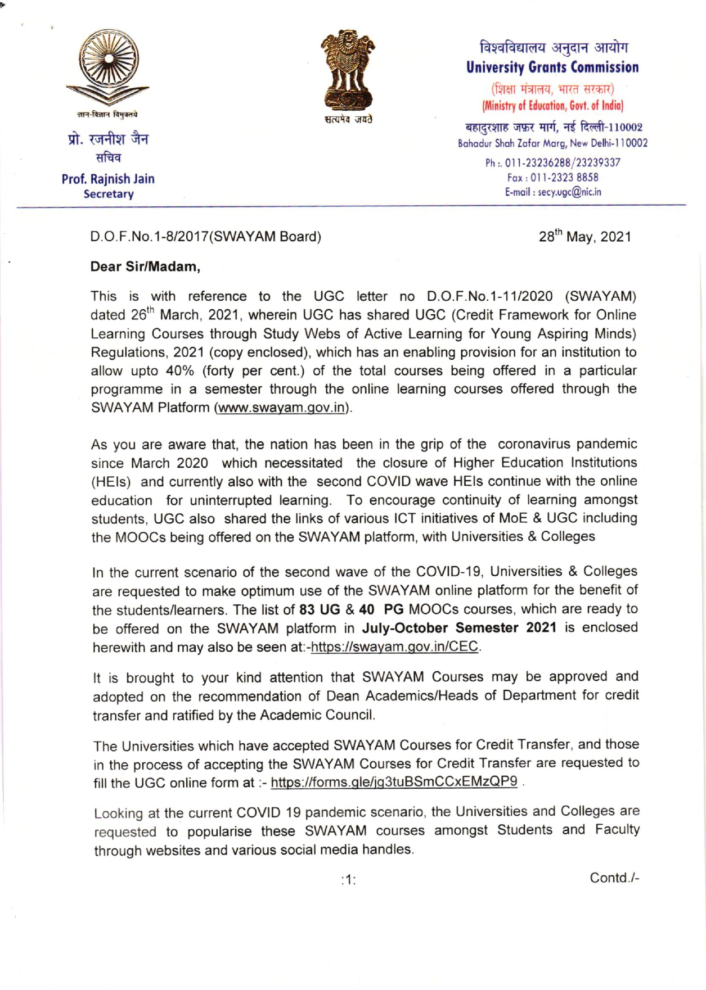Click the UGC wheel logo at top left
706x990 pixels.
point(108,67)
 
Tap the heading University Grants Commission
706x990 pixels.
point(552,67)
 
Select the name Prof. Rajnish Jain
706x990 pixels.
point(108,179)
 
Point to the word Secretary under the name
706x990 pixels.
point(109,194)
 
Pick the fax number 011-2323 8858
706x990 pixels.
point(553,178)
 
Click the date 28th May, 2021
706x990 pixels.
point(584,237)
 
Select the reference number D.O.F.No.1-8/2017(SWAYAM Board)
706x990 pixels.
point(206,237)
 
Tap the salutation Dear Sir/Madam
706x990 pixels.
point(146,266)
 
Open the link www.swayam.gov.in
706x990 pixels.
point(281,408)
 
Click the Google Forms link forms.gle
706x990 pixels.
point(394,783)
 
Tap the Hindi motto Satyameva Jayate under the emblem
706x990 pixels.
point(348,121)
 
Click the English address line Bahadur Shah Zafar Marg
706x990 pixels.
point(552,143)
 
